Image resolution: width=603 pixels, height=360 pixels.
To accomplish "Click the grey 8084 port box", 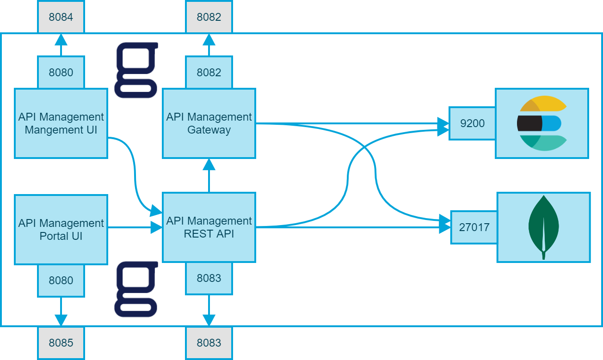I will (x=61, y=17).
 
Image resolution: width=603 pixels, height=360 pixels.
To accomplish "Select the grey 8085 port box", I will (x=61, y=343).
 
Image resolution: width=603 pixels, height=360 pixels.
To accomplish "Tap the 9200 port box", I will (x=472, y=123).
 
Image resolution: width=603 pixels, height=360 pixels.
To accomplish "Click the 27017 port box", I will (x=474, y=227).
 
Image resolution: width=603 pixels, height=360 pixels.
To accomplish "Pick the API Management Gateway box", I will (x=209, y=123).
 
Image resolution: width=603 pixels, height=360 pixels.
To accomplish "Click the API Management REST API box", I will (x=209, y=227).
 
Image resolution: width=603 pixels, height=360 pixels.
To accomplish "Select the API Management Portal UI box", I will (x=61, y=230).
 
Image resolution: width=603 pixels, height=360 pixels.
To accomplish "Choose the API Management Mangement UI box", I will (x=61, y=123).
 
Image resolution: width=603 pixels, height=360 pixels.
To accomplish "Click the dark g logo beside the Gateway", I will (x=136, y=70).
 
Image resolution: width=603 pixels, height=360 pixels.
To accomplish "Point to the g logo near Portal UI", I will (x=136, y=289).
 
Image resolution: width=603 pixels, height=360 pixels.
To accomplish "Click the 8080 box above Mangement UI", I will (x=61, y=73).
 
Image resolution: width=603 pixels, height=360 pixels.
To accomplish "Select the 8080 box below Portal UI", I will (x=61, y=281).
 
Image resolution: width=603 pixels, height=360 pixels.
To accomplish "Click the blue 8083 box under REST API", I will (x=209, y=278).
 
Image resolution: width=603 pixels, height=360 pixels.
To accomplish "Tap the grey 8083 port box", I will (x=209, y=343).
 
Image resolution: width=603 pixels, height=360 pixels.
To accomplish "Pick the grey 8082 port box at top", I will (x=209, y=17).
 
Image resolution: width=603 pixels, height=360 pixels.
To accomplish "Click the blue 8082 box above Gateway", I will (x=209, y=73).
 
